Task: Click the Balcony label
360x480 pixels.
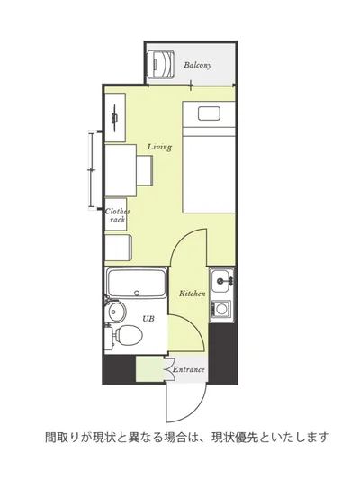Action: [197, 65]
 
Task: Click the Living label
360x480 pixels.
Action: [159, 147]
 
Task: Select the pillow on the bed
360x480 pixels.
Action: [209, 113]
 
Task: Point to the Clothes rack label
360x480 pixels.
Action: [117, 215]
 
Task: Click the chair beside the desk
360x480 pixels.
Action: [144, 170]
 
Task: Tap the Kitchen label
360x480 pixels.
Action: [192, 294]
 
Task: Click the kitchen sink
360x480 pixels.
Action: [220, 281]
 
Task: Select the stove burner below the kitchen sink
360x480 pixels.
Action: [221, 309]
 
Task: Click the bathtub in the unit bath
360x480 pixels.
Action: [137, 283]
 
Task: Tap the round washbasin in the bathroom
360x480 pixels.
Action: [116, 312]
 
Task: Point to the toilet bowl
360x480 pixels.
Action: [129, 335]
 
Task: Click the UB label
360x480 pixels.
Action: [148, 319]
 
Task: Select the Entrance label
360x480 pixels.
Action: [188, 369]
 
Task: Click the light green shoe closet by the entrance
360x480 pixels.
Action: [150, 369]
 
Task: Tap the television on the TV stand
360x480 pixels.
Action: [115, 117]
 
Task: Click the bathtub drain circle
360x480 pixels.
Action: [137, 293]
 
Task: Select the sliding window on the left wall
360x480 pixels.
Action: [92, 170]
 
